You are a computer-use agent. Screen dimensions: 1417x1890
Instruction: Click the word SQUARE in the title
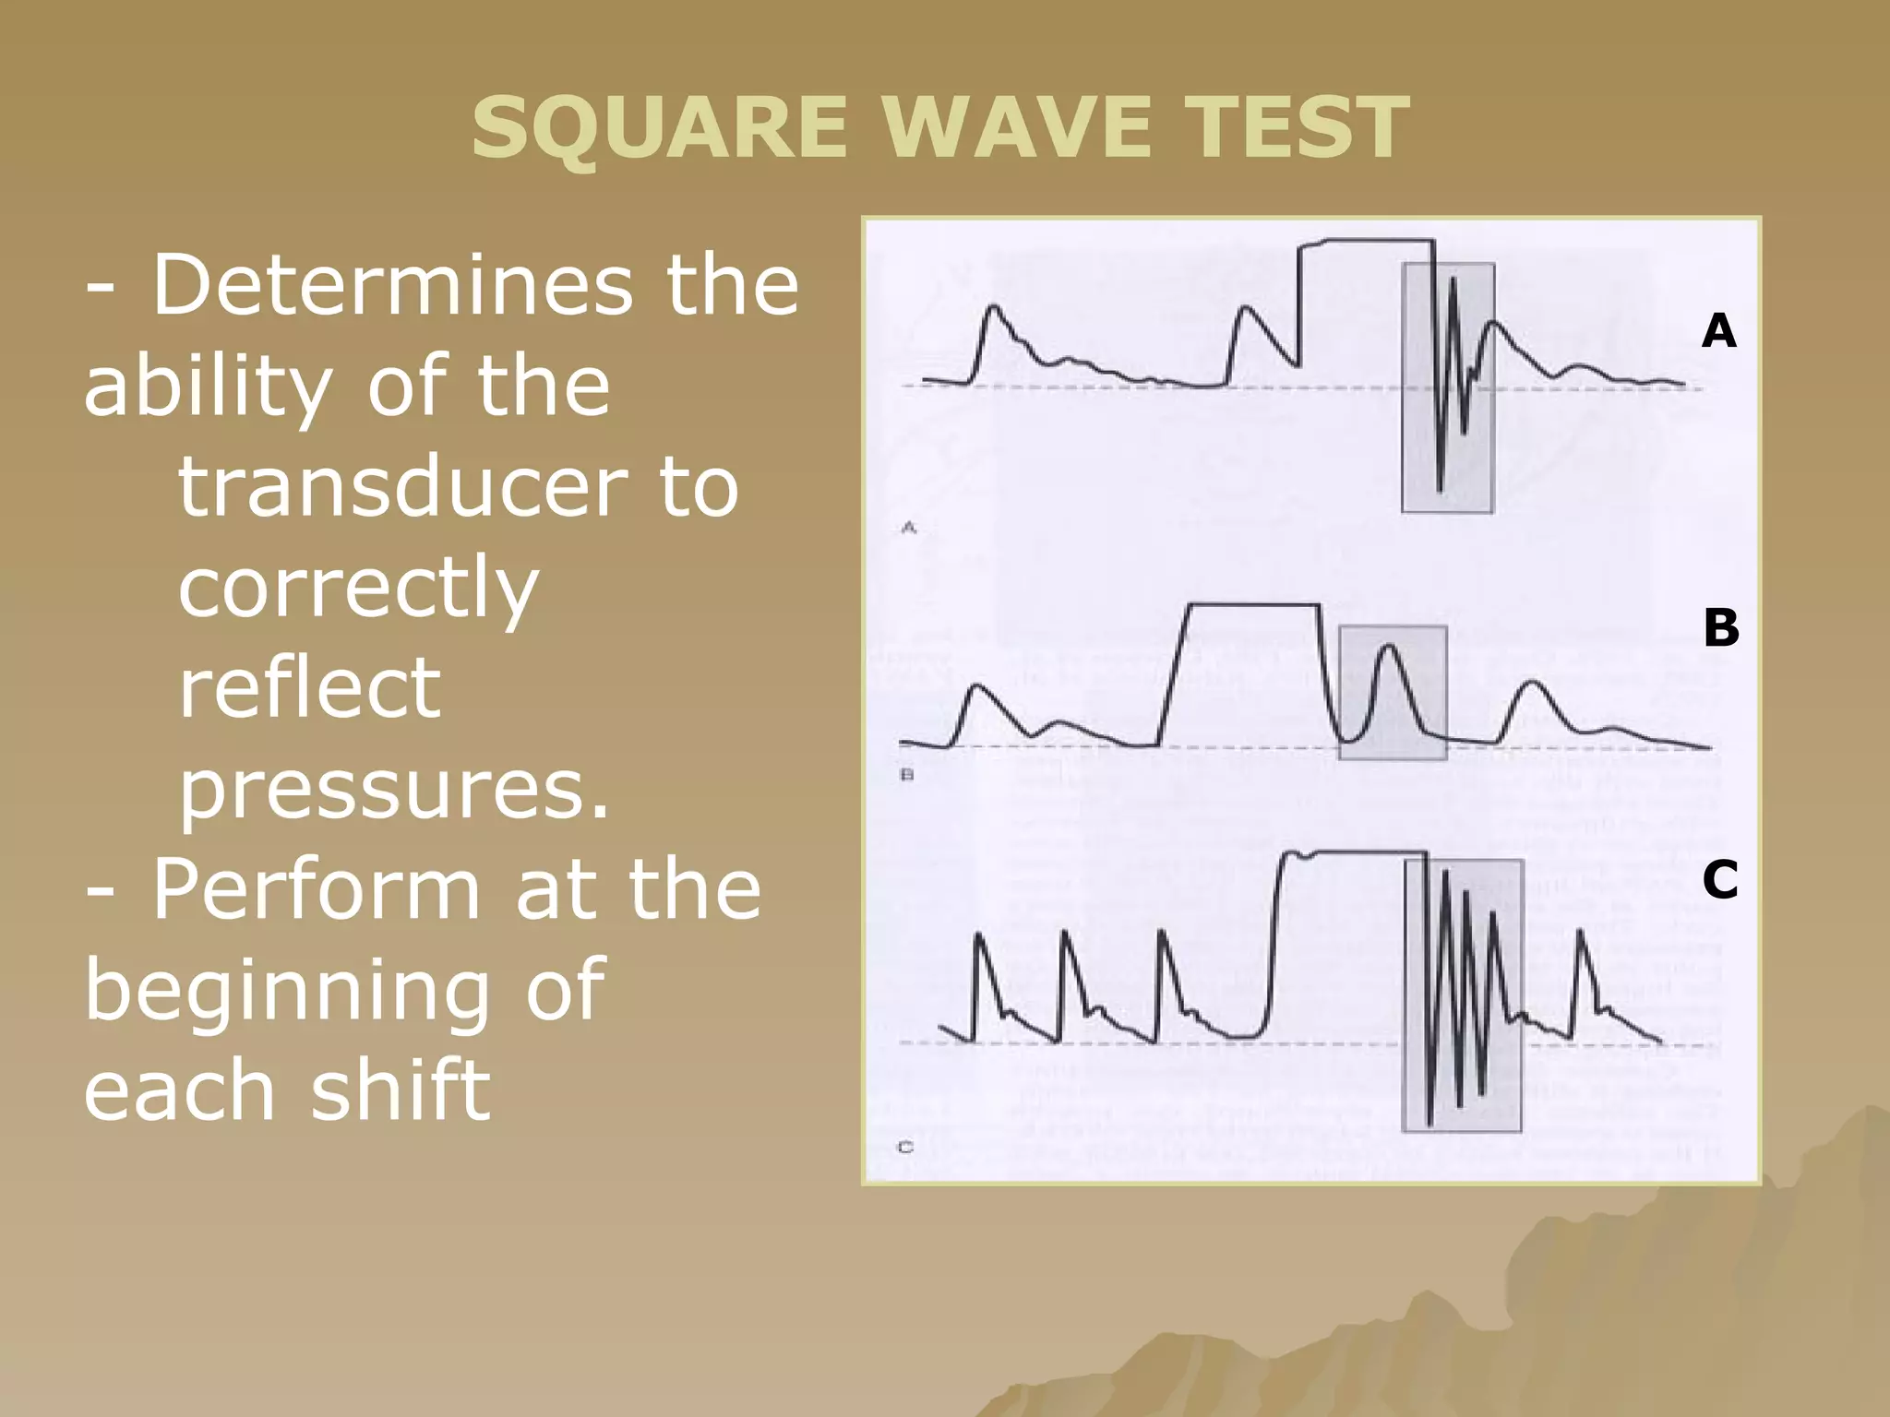(x=659, y=129)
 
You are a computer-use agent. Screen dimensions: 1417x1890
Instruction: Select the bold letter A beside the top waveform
(x=1718, y=330)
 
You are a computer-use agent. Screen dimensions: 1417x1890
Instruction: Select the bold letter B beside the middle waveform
(x=1720, y=628)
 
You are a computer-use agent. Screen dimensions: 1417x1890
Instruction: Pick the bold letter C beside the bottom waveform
(x=1719, y=879)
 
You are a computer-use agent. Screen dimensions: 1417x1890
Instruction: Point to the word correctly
(x=358, y=588)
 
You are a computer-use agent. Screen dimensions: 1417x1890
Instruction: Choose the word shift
(x=400, y=1090)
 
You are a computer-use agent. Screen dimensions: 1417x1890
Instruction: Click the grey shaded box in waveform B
(x=1392, y=693)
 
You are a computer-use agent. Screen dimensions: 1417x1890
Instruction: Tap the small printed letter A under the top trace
(x=908, y=528)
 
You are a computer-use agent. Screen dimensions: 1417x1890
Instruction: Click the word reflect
(x=309, y=688)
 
